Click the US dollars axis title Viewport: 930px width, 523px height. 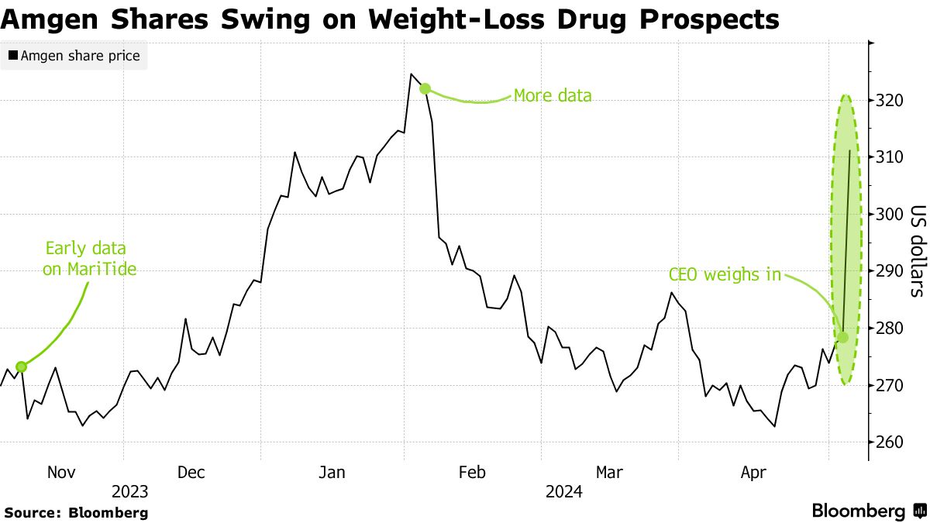point(918,251)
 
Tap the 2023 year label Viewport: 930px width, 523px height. point(129,492)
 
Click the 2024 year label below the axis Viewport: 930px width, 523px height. point(564,492)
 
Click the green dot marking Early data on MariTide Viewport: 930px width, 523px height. point(21,366)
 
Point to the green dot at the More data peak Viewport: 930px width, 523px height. point(425,88)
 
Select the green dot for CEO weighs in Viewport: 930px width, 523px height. point(842,337)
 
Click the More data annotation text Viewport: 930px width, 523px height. point(553,96)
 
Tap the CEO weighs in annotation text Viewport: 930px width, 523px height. point(725,274)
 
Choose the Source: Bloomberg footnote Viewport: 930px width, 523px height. point(76,512)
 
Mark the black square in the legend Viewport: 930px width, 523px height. point(13,56)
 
